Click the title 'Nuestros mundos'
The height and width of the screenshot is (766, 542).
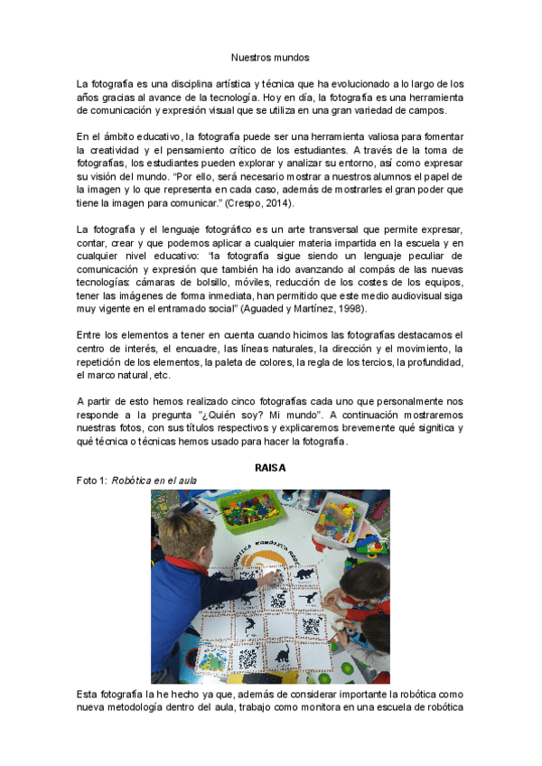[x=270, y=56]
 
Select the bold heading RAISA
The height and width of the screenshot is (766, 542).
[x=271, y=467]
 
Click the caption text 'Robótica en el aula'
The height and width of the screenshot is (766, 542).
[x=154, y=481]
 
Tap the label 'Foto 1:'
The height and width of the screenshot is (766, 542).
[x=93, y=481]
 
